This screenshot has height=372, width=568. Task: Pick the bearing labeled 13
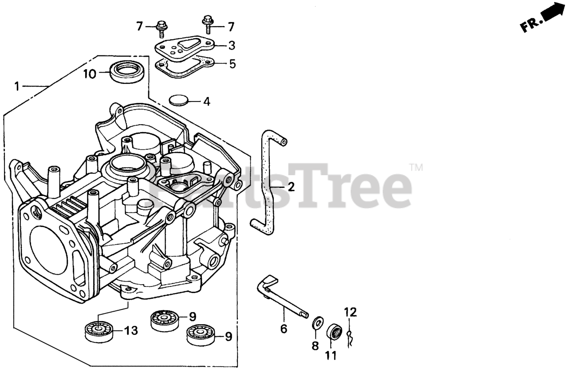point(98,330)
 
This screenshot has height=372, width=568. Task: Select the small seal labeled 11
point(335,332)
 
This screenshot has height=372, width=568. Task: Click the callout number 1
point(17,86)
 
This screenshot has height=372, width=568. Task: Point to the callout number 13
point(131,330)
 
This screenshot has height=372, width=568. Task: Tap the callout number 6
point(284,329)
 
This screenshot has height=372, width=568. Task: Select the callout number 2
point(291,187)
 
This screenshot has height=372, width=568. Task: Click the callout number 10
point(90,74)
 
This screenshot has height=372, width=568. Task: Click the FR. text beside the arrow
point(530,25)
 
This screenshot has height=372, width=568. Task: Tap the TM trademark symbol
point(415,168)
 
